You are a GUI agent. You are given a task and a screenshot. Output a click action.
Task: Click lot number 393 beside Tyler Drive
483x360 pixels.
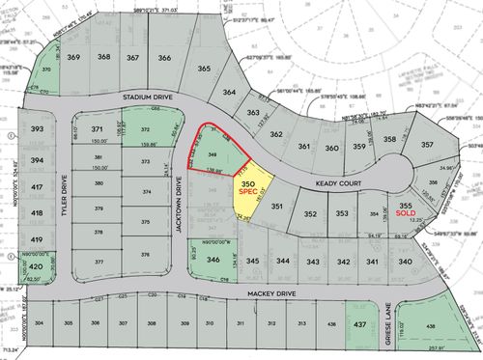coord(38,128)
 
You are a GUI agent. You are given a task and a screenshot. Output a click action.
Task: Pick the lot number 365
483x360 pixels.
coord(205,69)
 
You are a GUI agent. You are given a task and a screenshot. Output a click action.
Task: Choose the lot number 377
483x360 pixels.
coord(99,261)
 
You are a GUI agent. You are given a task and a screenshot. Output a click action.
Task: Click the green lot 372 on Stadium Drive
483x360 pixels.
coord(145,128)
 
